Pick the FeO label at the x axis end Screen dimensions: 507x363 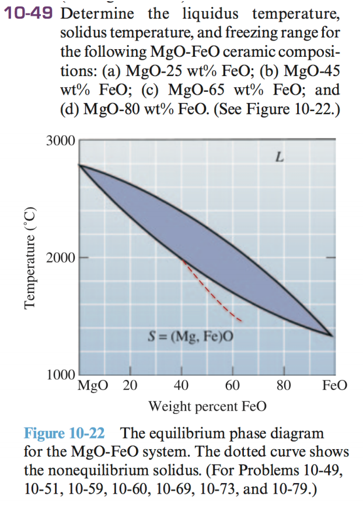pos(334,385)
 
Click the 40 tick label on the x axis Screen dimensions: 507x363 pos(182,385)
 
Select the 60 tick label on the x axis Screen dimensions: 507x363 pos(232,385)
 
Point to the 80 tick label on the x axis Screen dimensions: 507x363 pos(284,385)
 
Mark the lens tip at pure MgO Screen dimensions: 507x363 pos(80,166)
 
